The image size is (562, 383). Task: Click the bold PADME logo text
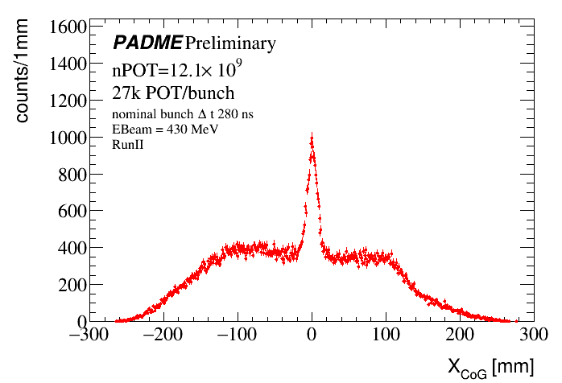pos(147,42)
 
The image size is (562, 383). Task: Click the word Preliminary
pos(230,43)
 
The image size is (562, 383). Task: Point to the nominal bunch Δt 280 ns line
pos(182,115)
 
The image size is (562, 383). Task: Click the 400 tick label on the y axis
pos(72,248)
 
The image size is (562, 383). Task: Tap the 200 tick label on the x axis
pos(460,336)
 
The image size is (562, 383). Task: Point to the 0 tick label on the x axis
pos(312,336)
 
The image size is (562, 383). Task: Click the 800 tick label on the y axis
pos(72,175)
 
